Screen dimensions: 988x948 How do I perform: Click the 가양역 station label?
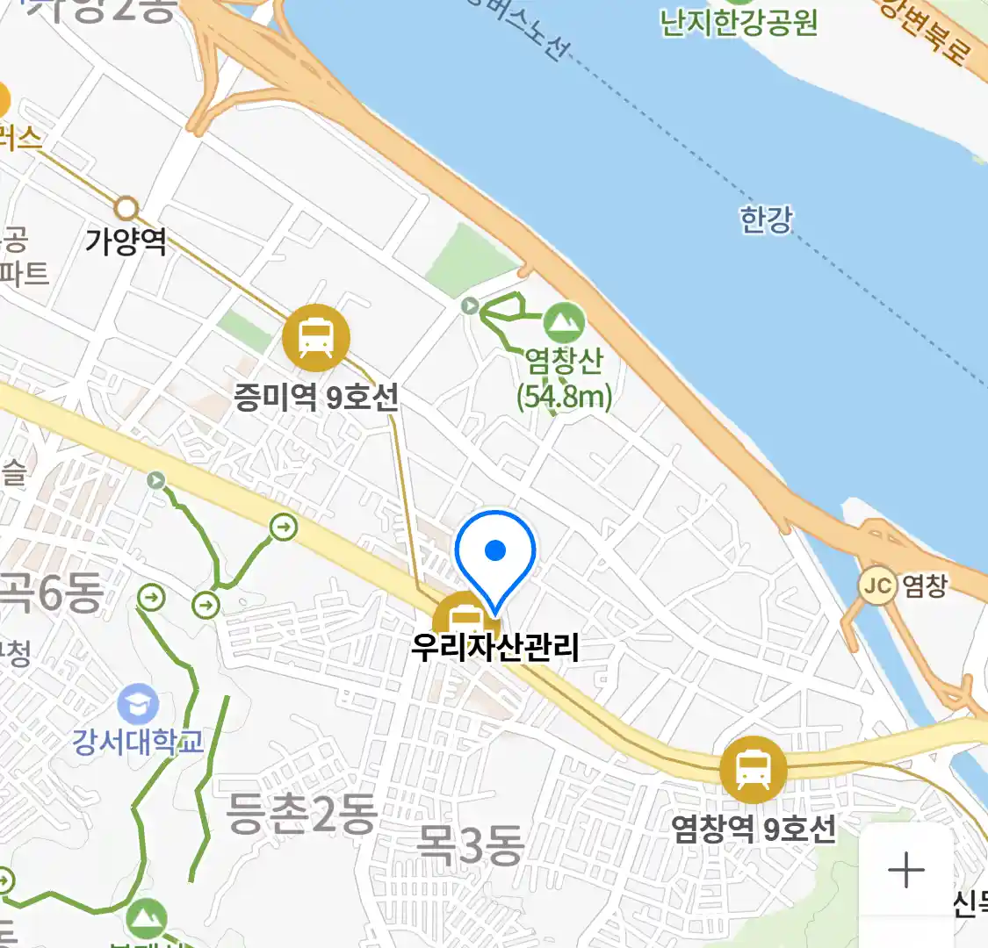(126, 241)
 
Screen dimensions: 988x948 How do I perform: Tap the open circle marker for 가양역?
(127, 209)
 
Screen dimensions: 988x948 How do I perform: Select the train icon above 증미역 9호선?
(316, 338)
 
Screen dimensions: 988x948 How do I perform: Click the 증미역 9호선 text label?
(316, 398)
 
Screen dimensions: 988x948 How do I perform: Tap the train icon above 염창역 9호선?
(753, 770)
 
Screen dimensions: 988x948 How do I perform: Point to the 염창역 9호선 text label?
(754, 829)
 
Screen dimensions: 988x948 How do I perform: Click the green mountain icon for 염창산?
(564, 323)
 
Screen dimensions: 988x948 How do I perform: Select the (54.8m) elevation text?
(564, 397)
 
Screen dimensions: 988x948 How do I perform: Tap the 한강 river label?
(766, 219)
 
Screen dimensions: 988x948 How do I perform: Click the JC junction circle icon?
(877, 585)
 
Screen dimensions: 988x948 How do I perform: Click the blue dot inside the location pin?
(495, 550)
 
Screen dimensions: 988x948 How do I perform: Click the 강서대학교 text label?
(138, 743)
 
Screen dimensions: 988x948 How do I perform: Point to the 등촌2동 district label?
(301, 814)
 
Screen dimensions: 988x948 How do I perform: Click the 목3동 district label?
(470, 844)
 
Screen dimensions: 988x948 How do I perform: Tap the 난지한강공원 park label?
(739, 22)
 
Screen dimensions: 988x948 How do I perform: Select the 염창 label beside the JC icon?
(926, 585)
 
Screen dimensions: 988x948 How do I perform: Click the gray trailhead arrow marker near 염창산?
(471, 305)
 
